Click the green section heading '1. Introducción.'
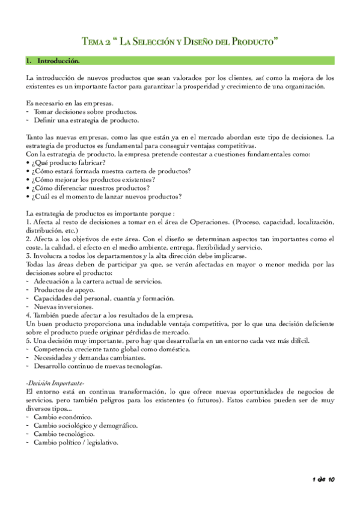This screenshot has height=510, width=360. pos(58,61)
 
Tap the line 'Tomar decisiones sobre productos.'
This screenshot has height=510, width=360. pos(85,112)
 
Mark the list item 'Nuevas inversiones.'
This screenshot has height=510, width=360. pos(63,306)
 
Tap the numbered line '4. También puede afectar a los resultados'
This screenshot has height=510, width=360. pos(109,315)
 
